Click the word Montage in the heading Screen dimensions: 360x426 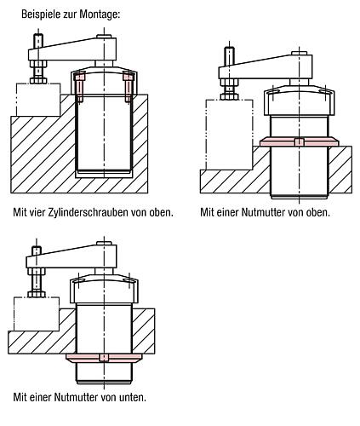[x=100, y=14]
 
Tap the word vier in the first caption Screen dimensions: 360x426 [x=37, y=212]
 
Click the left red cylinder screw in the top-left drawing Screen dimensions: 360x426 [x=80, y=86]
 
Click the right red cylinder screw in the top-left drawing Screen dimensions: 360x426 [x=128, y=86]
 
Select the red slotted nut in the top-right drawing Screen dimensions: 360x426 [x=300, y=141]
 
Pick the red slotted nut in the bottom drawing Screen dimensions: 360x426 [x=104, y=358]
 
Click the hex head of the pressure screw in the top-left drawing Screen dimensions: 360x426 [x=38, y=80]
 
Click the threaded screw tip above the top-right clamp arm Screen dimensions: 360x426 [x=229, y=56]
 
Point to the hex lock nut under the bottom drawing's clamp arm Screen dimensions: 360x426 [x=37, y=272]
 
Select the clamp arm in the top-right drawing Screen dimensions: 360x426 [x=266, y=66]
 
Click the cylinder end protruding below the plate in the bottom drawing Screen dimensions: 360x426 [x=104, y=373]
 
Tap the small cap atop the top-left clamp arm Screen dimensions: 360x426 [x=104, y=37]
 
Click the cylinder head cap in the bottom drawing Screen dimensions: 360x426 [x=104, y=288]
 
